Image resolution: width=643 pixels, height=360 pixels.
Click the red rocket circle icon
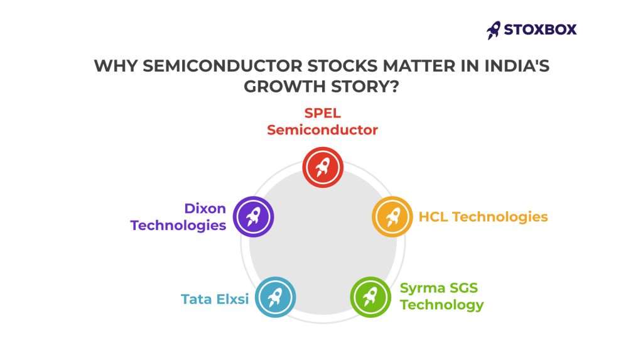point(323,168)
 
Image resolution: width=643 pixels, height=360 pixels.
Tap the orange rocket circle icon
point(392,217)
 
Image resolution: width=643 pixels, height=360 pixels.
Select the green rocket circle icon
point(370,297)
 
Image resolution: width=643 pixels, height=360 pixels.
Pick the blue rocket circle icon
point(275,297)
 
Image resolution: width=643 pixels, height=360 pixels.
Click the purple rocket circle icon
point(254,217)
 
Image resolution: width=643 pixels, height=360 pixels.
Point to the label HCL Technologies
point(483,217)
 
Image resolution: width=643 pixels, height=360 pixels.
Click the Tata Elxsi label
point(215,299)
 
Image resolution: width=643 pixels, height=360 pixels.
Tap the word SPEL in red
point(322,113)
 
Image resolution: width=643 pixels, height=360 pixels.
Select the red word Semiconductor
point(322,129)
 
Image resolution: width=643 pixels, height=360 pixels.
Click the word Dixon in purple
point(205,209)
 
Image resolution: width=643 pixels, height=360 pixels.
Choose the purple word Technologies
point(178,226)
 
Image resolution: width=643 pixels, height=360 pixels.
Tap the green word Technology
point(442,305)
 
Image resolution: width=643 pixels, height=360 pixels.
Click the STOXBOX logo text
point(540,30)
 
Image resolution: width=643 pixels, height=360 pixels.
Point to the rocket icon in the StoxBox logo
point(494,30)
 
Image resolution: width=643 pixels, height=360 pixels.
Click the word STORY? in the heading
point(365,87)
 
